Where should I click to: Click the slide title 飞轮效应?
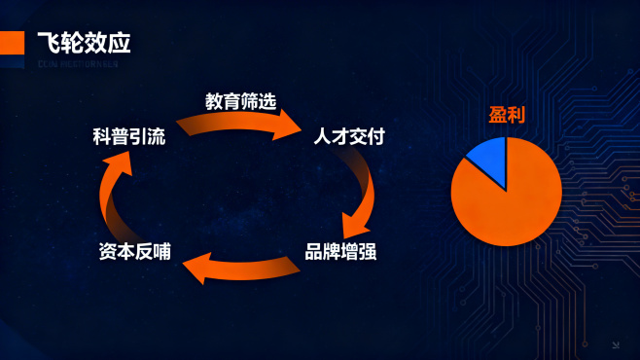click(x=83, y=43)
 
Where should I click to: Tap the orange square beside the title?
click(x=13, y=43)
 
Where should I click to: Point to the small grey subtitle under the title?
click(x=76, y=64)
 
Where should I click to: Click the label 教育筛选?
click(x=240, y=101)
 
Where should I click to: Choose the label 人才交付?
click(x=348, y=137)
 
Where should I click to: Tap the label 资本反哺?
click(x=135, y=251)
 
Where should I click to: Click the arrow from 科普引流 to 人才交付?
click(x=243, y=123)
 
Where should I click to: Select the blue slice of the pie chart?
click(x=489, y=159)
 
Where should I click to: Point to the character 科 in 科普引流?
click(x=101, y=137)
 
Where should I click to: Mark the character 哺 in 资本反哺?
click(x=161, y=251)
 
